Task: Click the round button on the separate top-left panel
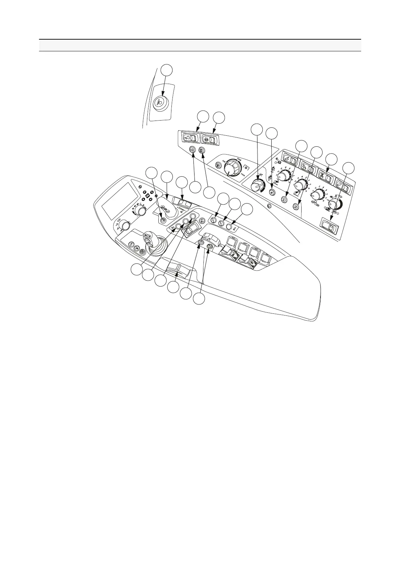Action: (160, 102)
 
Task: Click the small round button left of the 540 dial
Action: (218, 165)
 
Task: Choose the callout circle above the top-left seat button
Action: (167, 70)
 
